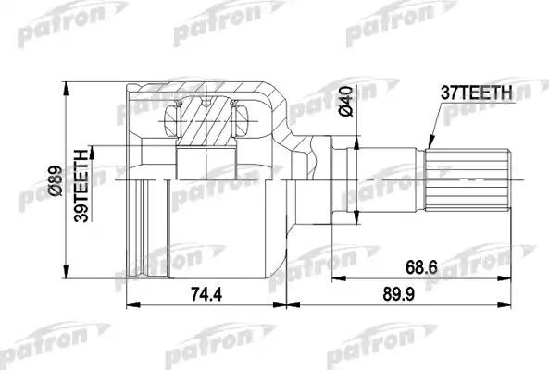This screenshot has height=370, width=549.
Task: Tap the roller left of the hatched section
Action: click(171, 118)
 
